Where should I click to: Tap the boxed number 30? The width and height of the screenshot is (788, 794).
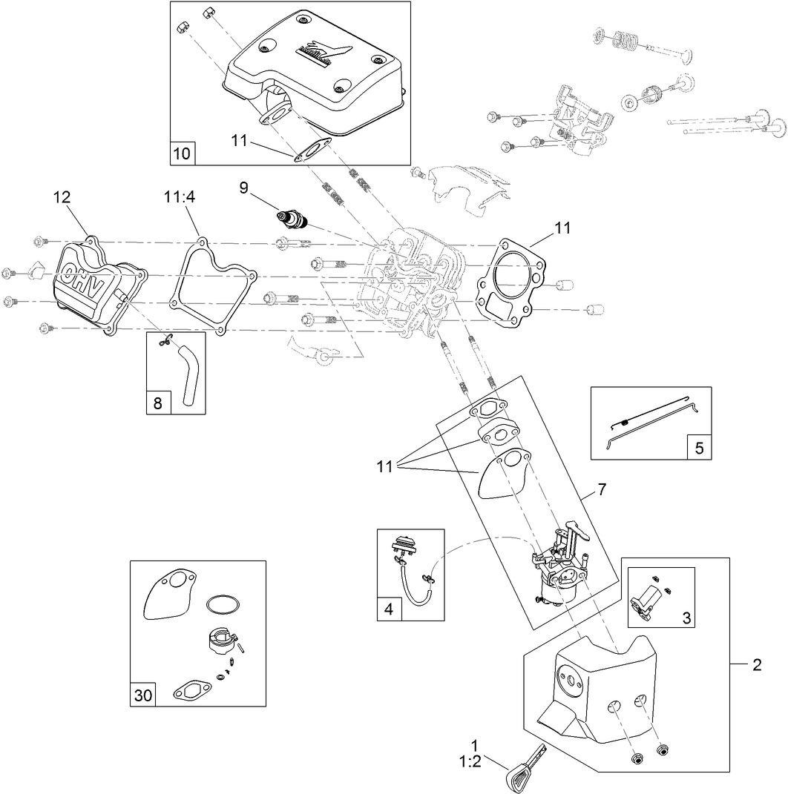143,695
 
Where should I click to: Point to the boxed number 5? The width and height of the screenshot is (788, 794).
698,447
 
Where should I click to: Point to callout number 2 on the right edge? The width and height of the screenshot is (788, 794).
757,665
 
